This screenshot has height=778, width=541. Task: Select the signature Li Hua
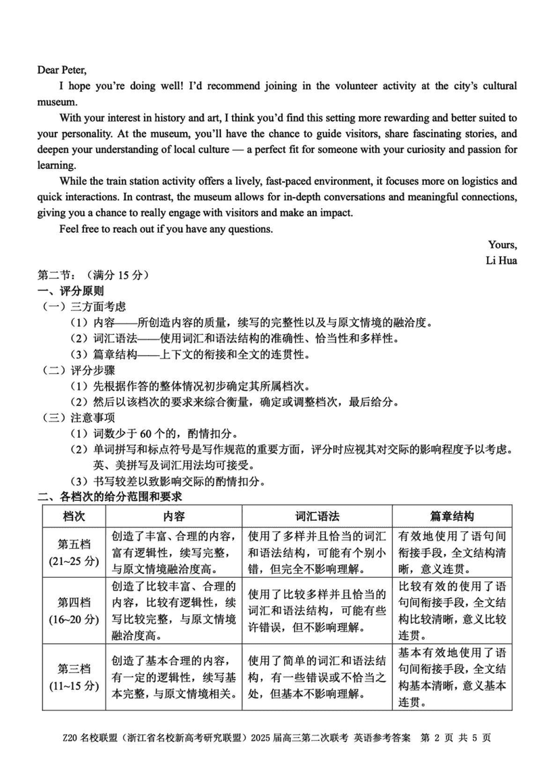point(501,260)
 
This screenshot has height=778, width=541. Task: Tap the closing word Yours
point(502,245)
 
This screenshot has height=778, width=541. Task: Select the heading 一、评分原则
point(70,291)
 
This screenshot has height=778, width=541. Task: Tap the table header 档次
point(74,516)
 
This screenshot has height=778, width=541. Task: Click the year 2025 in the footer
point(262,737)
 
